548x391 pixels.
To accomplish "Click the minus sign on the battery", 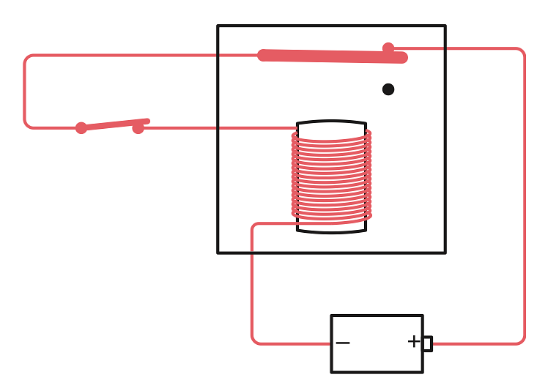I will pyautogui.click(x=342, y=343).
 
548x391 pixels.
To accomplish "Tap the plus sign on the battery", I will pyautogui.click(x=414, y=341).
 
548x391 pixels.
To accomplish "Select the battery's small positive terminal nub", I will pyautogui.click(x=427, y=343).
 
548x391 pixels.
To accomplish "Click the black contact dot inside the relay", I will pyautogui.click(x=388, y=89).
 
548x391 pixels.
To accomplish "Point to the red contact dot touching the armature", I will pyautogui.click(x=388, y=48).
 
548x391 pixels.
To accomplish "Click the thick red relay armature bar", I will pyautogui.click(x=330, y=56).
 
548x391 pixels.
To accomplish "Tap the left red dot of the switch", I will pyautogui.click(x=81, y=128).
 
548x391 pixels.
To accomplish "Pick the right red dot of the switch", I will pyautogui.click(x=138, y=128).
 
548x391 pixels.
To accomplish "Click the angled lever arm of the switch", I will pyautogui.click(x=114, y=124).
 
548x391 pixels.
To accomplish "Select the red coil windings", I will pyautogui.click(x=331, y=176).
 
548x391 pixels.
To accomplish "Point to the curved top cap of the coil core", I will pyautogui.click(x=331, y=122).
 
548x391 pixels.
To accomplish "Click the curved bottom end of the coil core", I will pyautogui.click(x=331, y=231).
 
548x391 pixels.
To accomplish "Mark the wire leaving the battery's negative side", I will pyautogui.click(x=293, y=343).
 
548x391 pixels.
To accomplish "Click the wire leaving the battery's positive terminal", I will pyautogui.click(x=476, y=343).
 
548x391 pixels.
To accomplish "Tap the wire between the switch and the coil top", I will pyautogui.click(x=220, y=128).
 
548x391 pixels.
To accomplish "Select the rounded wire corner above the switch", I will pyautogui.click(x=28, y=59).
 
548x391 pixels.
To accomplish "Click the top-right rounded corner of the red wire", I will pyautogui.click(x=521, y=52).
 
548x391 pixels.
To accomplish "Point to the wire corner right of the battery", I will pyautogui.click(x=521, y=340).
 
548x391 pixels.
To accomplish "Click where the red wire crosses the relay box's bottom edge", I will pyautogui.click(x=253, y=253).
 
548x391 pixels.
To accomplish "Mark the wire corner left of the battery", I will pyautogui.click(x=256, y=340).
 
